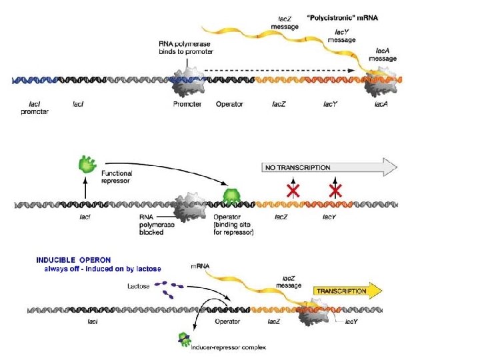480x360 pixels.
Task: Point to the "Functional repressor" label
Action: pyautogui.click(x=117, y=177)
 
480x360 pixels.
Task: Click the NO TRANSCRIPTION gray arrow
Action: pyautogui.click(x=327, y=168)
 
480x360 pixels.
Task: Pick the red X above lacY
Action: pyautogui.click(x=335, y=191)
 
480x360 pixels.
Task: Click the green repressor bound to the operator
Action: pyautogui.click(x=231, y=196)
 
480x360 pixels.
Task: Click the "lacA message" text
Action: pyautogui.click(x=387, y=54)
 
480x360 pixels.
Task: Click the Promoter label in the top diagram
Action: pyautogui.click(x=187, y=104)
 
